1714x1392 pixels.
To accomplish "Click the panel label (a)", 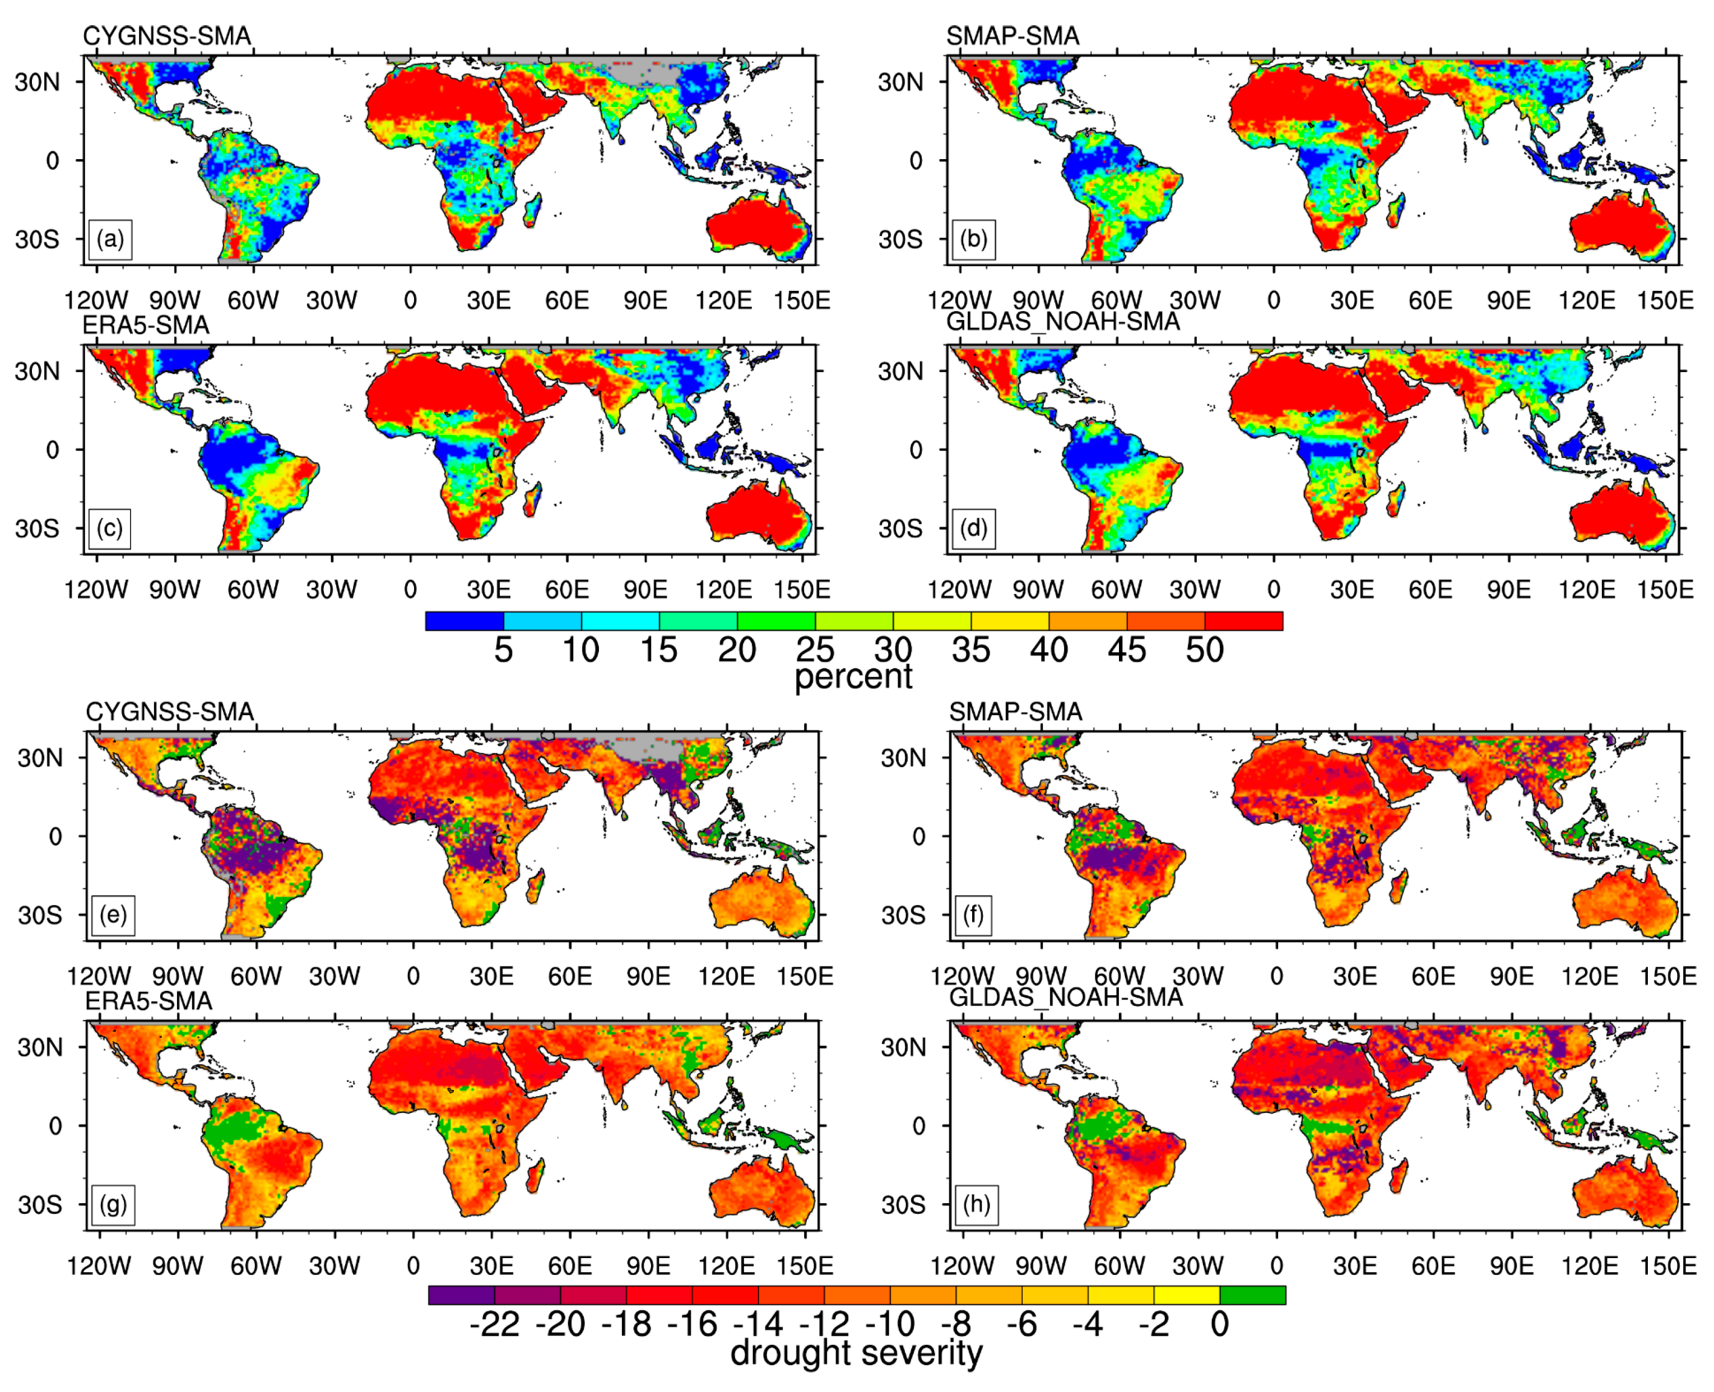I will (x=110, y=239).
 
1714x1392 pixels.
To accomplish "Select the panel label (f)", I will (x=973, y=915).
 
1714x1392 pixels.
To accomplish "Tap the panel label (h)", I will (x=977, y=1204).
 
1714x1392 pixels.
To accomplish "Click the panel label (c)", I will (x=110, y=528).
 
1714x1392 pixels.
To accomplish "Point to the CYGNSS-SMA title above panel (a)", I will (x=167, y=36).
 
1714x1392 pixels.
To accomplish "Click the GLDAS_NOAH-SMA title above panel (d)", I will (x=1063, y=322).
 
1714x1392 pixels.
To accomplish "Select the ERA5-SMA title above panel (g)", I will (x=149, y=1001).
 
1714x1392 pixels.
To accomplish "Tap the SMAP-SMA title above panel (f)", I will (x=1016, y=711).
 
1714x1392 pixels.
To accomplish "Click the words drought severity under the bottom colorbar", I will (x=856, y=1353).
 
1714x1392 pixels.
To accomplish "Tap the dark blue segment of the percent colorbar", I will (x=464, y=620).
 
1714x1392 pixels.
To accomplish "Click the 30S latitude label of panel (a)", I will (x=37, y=239).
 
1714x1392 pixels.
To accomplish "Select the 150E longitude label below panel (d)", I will (x=1665, y=590).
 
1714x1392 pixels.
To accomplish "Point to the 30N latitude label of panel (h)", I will (x=903, y=1047).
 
